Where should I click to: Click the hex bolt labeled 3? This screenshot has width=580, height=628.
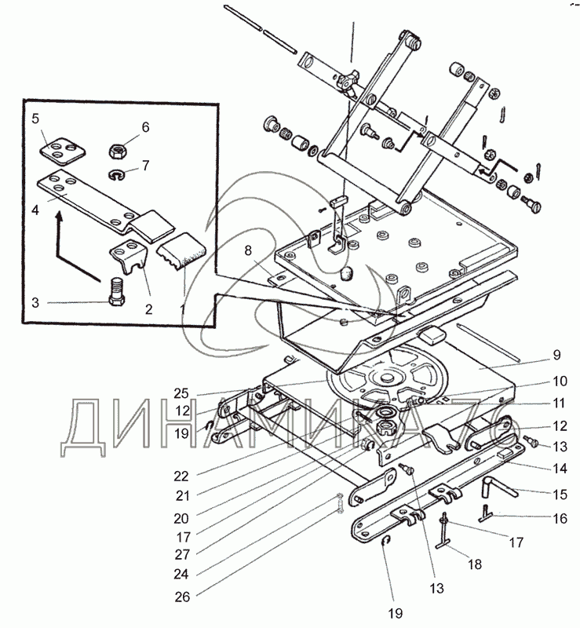(x=117, y=292)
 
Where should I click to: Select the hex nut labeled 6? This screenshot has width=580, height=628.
(x=119, y=151)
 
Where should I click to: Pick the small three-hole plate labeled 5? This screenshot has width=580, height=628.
(x=63, y=151)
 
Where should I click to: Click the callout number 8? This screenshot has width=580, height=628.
(x=248, y=250)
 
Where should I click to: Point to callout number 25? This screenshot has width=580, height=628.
(x=181, y=393)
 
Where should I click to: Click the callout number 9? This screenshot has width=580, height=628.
(x=556, y=355)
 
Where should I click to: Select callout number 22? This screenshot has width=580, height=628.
(x=181, y=476)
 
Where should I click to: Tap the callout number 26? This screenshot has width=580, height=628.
(x=182, y=597)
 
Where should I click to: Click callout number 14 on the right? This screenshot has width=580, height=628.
(x=560, y=468)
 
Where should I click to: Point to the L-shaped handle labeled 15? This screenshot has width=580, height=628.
(x=500, y=486)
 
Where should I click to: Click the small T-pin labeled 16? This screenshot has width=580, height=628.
(x=486, y=514)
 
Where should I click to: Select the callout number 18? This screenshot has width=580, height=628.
(x=475, y=564)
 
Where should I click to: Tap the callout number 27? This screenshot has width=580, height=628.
(x=182, y=554)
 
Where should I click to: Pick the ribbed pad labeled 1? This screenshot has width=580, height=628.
(x=182, y=249)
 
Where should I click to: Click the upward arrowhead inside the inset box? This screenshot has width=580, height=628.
(x=60, y=217)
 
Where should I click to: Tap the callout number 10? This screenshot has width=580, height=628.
(x=560, y=381)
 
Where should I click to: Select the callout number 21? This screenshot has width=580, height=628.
(x=182, y=496)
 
